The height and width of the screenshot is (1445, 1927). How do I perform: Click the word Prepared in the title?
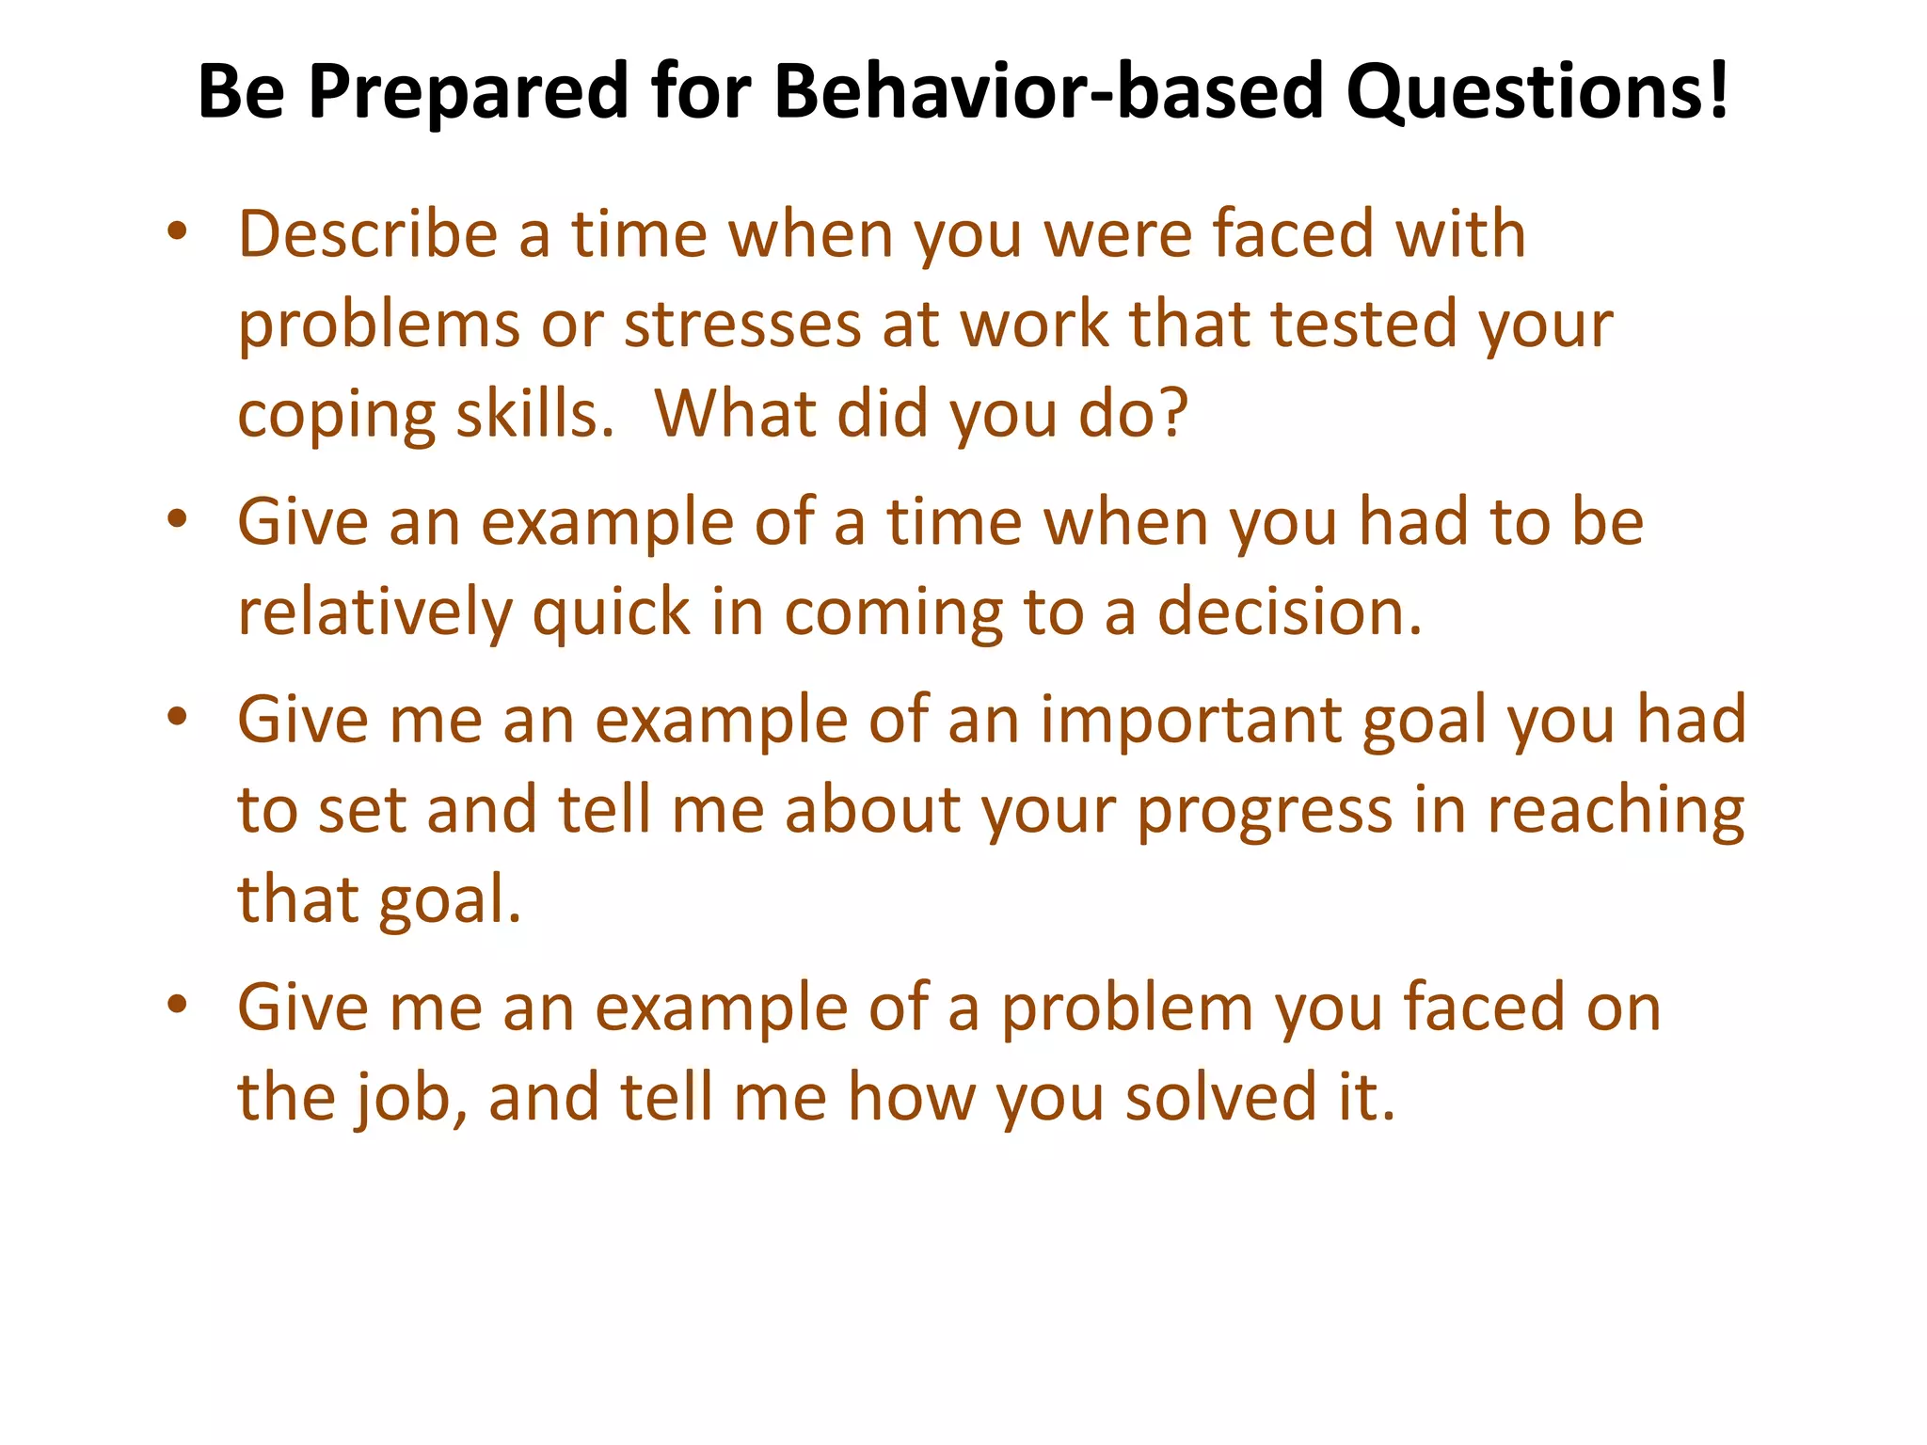click(467, 92)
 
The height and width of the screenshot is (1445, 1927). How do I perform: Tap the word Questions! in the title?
click(1537, 92)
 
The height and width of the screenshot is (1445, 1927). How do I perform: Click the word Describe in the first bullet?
click(367, 233)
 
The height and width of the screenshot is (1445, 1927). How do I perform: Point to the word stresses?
click(742, 324)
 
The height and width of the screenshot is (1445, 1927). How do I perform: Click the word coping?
click(336, 416)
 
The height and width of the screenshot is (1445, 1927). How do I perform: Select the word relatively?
click(374, 612)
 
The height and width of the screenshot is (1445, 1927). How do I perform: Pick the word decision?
click(1289, 612)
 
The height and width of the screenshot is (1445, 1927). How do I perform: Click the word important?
click(1190, 720)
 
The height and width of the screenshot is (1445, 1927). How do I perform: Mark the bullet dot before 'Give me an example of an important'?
click(177, 718)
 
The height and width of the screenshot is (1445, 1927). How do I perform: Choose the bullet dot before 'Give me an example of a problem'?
click(177, 1006)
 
